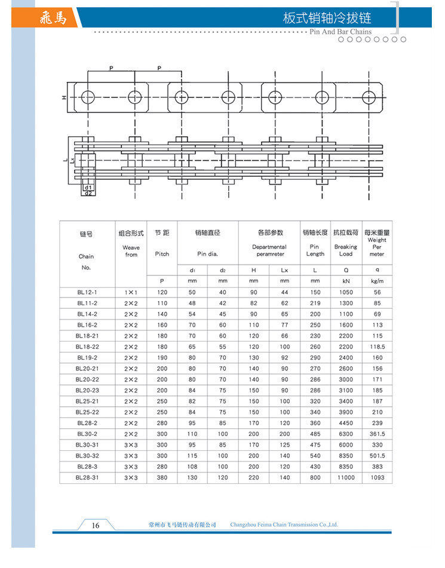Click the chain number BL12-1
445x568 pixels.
87,292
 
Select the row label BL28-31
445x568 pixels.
87,477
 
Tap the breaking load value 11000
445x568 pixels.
346,477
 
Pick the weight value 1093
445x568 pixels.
377,477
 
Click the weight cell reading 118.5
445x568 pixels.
377,346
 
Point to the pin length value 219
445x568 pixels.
315,303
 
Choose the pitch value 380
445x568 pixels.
162,477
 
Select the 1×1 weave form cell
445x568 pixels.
131,292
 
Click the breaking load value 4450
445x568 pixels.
346,423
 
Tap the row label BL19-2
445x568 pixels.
87,357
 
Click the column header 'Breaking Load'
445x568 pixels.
346,250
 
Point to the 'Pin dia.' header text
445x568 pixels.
207,254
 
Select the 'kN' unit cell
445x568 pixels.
346,281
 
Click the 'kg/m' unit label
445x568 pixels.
377,281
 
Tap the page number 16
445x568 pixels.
95,525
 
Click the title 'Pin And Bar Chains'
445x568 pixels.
342,32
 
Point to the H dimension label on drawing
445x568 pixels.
64,98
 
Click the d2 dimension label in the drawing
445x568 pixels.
87,194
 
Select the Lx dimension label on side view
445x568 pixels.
72,160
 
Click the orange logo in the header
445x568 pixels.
57,18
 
